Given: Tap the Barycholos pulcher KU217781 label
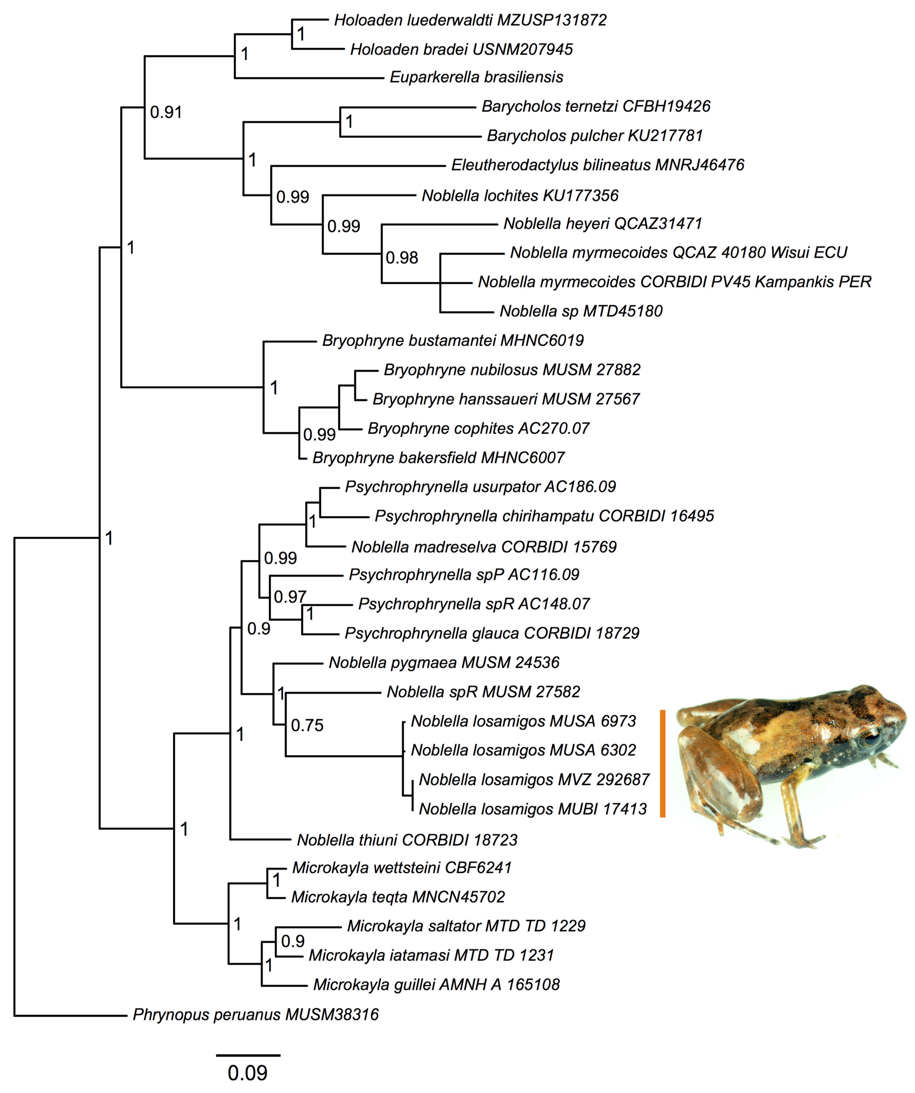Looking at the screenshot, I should (595, 136).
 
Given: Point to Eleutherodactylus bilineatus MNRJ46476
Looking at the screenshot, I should (597, 165).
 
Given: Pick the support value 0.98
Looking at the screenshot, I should (402, 258).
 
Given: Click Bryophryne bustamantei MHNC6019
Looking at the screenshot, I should (453, 341).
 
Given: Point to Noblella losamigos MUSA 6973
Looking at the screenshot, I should (523, 721).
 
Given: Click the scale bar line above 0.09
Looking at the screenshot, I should (248, 1055).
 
